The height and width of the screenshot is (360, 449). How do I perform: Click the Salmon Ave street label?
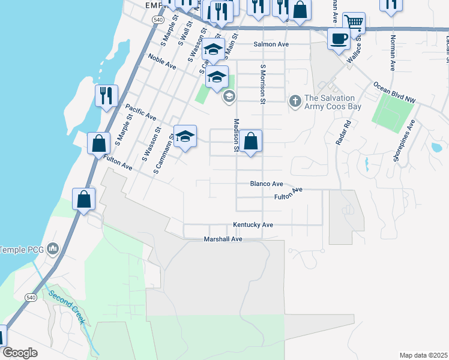271,44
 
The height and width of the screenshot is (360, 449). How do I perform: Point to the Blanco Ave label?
267,184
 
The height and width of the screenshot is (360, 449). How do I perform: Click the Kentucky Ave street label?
253,225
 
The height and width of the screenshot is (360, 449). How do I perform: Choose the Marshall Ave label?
223,239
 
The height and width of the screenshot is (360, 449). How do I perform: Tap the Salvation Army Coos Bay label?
330,102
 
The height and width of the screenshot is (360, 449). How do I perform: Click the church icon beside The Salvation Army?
295,101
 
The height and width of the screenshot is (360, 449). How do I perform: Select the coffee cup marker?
339,40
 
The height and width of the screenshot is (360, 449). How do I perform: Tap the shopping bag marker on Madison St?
252,142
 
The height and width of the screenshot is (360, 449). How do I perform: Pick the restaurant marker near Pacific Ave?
106,95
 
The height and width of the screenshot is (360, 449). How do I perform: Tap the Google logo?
20,353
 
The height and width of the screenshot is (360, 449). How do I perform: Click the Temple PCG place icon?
53,248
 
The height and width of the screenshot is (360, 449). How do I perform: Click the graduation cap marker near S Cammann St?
185,136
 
